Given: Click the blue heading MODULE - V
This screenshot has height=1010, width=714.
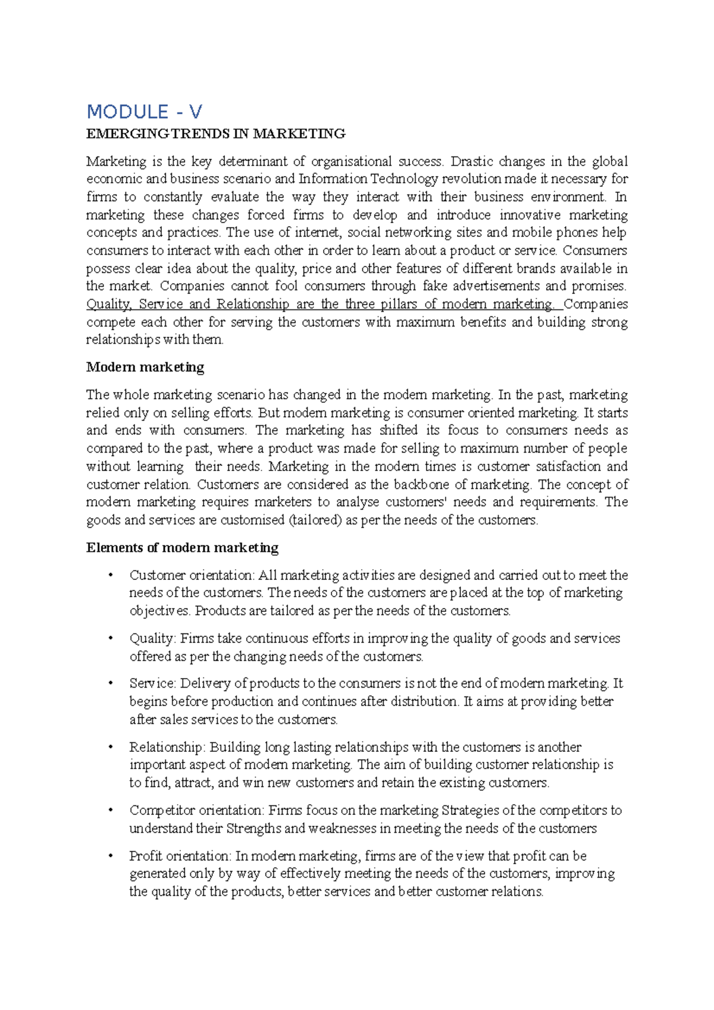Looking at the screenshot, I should pos(144,112).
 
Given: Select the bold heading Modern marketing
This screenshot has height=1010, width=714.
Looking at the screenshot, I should pos(145,367).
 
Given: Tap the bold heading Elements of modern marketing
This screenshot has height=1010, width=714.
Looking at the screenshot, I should pos(182,548).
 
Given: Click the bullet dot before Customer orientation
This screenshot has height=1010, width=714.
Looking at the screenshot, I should pos(110,575).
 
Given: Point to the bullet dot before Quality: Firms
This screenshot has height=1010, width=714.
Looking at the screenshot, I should pos(110,638).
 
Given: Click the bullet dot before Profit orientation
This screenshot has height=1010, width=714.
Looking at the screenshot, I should pos(110,855).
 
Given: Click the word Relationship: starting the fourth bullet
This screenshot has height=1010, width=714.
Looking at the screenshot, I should pos(167,747).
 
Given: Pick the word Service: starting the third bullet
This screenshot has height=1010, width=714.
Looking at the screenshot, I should pos(152,683).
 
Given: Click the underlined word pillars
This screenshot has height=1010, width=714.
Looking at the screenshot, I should pos(398,305).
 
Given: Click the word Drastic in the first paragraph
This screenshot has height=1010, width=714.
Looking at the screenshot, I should pos(472,162).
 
